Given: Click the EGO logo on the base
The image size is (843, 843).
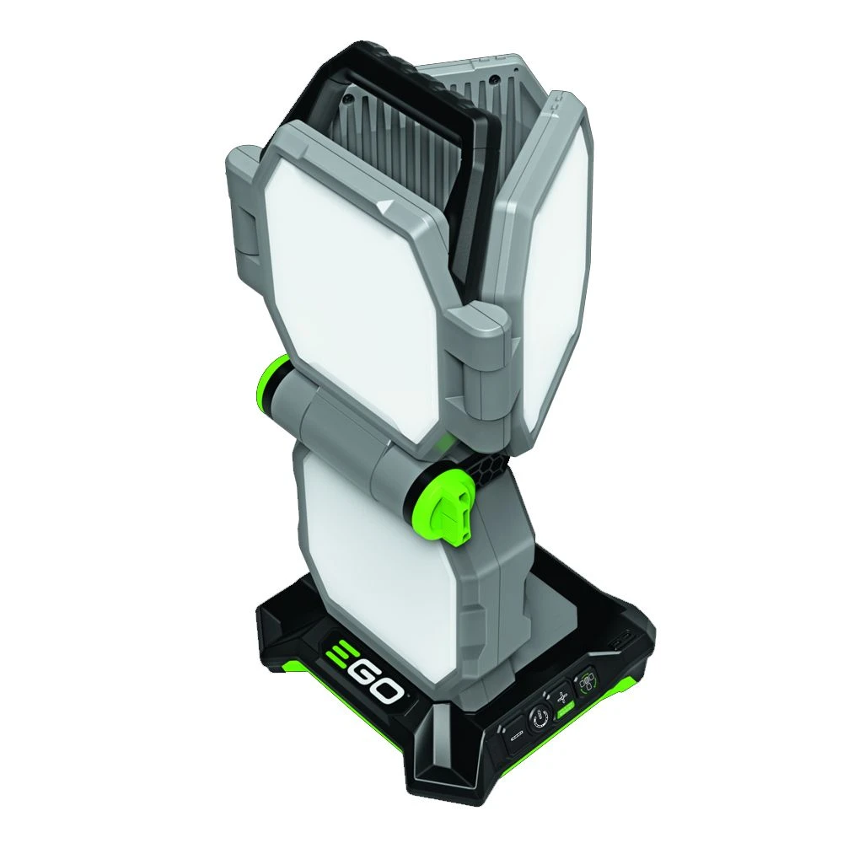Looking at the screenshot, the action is [365, 670].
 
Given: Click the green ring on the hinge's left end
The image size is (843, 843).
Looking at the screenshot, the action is [276, 379].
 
